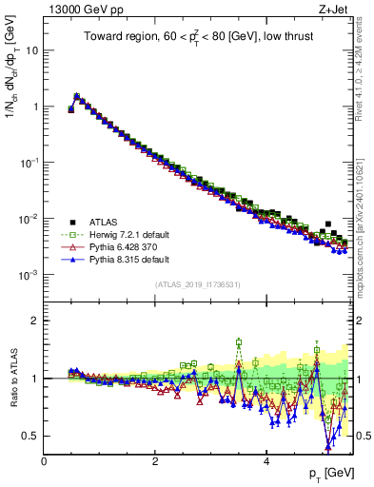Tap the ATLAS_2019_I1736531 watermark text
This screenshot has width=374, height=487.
click(197, 284)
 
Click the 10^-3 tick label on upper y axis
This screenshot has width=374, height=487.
click(29, 275)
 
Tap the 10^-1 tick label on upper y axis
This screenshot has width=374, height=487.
click(29, 163)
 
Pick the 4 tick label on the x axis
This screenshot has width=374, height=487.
click(266, 460)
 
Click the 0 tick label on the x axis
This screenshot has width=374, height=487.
click(44, 460)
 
